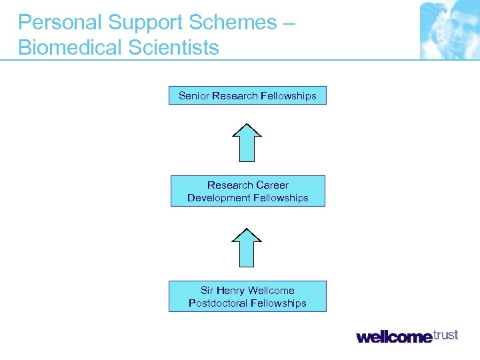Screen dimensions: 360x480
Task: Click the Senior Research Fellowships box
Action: tap(247, 96)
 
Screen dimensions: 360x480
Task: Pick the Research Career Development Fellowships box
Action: tap(247, 191)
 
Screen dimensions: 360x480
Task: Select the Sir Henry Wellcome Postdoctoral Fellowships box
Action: tap(247, 297)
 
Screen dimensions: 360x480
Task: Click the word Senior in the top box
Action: tap(194, 96)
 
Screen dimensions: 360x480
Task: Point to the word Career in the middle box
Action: tap(272, 185)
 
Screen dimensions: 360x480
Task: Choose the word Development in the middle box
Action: tap(217, 198)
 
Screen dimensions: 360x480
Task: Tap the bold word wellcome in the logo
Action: tap(394, 337)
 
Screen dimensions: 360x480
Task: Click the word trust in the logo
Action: tap(445, 335)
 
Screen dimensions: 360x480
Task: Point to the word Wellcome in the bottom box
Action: tap(271, 291)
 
